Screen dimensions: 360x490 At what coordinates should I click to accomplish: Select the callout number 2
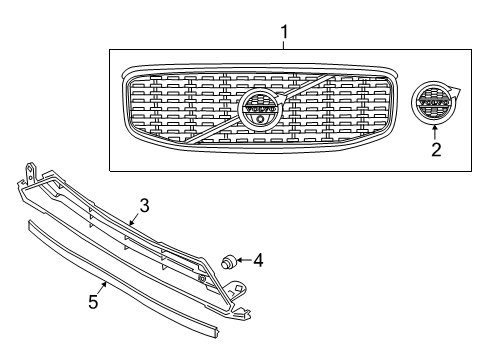point(435,151)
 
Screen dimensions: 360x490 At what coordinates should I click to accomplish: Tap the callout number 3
point(144,206)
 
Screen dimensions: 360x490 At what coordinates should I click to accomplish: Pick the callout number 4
point(257,261)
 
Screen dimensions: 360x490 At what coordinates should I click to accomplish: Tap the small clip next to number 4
point(229,262)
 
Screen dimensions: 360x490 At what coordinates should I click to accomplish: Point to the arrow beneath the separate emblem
point(434,131)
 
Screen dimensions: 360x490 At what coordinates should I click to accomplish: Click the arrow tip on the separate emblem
point(452,90)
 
